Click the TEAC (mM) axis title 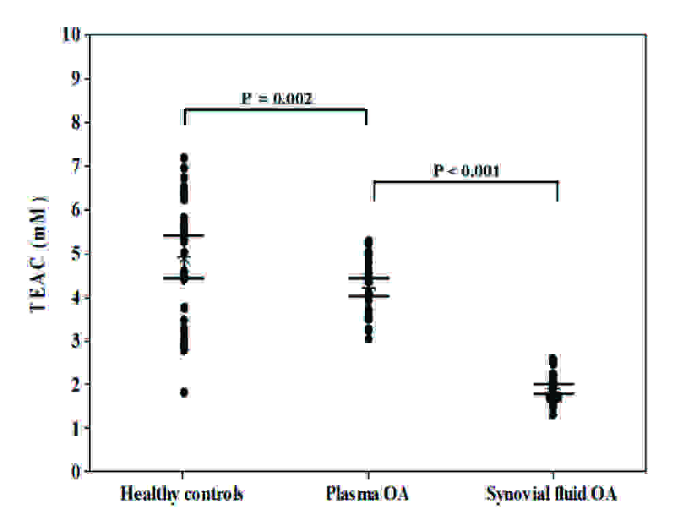tap(38, 253)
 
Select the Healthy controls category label tap(182, 494)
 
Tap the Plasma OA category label tap(368, 494)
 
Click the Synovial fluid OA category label tap(551, 494)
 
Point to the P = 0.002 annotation tap(277, 99)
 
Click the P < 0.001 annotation tap(467, 171)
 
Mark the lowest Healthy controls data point tap(184, 392)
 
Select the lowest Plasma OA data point tap(368, 338)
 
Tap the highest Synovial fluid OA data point tap(553, 359)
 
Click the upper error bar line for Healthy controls tap(184, 236)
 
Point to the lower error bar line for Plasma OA tap(368, 296)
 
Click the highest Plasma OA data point tap(368, 241)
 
